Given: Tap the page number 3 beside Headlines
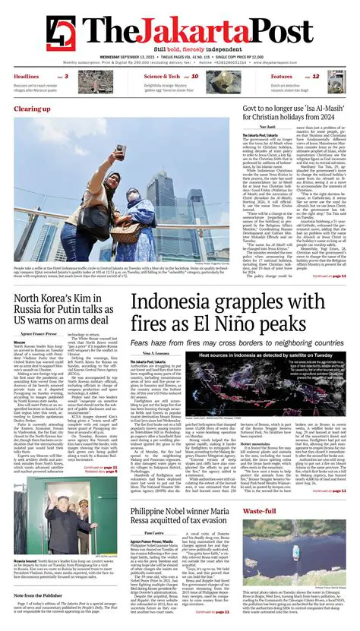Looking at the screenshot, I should [65, 77].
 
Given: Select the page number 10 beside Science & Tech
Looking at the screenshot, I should [194, 77].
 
